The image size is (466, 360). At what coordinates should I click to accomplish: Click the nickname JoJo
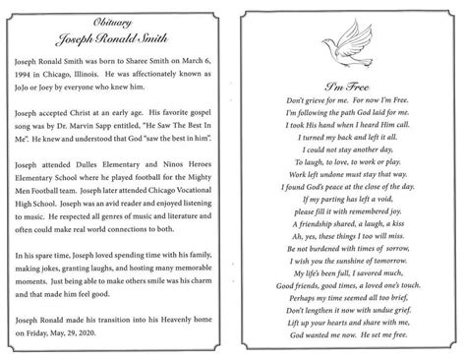click(29, 90)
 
